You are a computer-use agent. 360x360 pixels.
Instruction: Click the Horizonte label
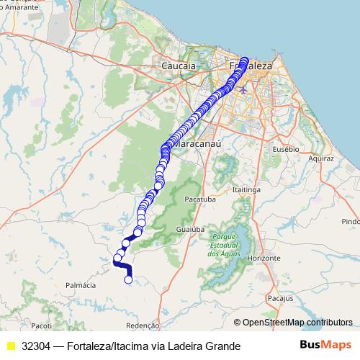262,257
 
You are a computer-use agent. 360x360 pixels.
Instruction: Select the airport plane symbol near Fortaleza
243,90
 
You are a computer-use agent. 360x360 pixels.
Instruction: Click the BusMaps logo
326,346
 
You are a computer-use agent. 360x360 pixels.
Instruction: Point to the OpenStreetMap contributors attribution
297,323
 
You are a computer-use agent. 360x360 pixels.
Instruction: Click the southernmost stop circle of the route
129,279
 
